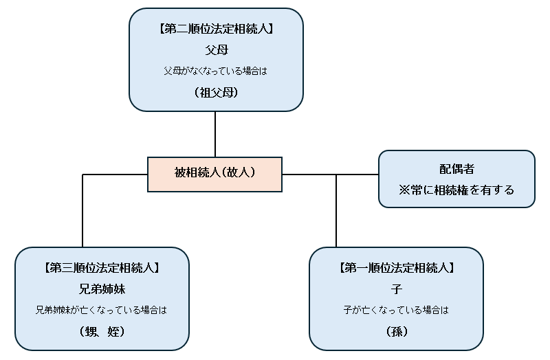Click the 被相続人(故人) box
[214, 174]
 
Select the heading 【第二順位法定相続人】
[216, 30]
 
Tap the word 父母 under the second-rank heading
[216, 50]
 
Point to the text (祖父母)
[216, 91]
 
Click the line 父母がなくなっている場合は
[216, 70]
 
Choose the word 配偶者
[456, 169]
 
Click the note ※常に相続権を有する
[456, 190]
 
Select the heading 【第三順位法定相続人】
[102, 268]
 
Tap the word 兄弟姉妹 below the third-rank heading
[102, 289]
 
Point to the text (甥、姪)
[102, 331]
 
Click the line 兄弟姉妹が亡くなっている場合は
[102, 310]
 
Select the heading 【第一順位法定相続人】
[396, 268]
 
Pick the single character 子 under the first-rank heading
[396, 289]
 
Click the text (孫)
[396, 331]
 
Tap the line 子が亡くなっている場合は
[396, 310]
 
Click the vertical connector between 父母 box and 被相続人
[215, 134]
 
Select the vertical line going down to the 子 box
[336, 213]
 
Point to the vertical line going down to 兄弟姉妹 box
[82, 213]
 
